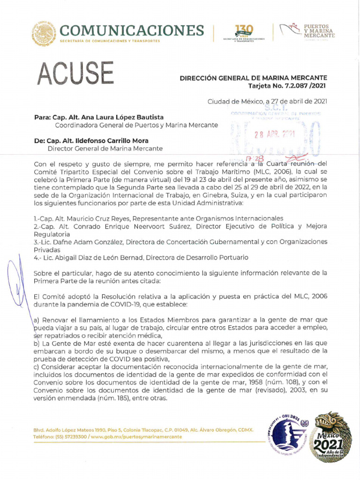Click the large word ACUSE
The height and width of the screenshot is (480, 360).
(75, 74)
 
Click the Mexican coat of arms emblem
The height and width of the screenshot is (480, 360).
(44, 34)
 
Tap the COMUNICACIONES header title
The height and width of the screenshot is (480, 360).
(132, 30)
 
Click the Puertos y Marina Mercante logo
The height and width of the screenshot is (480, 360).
(307, 31)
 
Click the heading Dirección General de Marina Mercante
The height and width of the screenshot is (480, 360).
(253, 78)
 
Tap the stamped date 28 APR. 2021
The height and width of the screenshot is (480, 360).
(274, 134)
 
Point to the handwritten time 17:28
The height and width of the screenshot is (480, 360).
(245, 159)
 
